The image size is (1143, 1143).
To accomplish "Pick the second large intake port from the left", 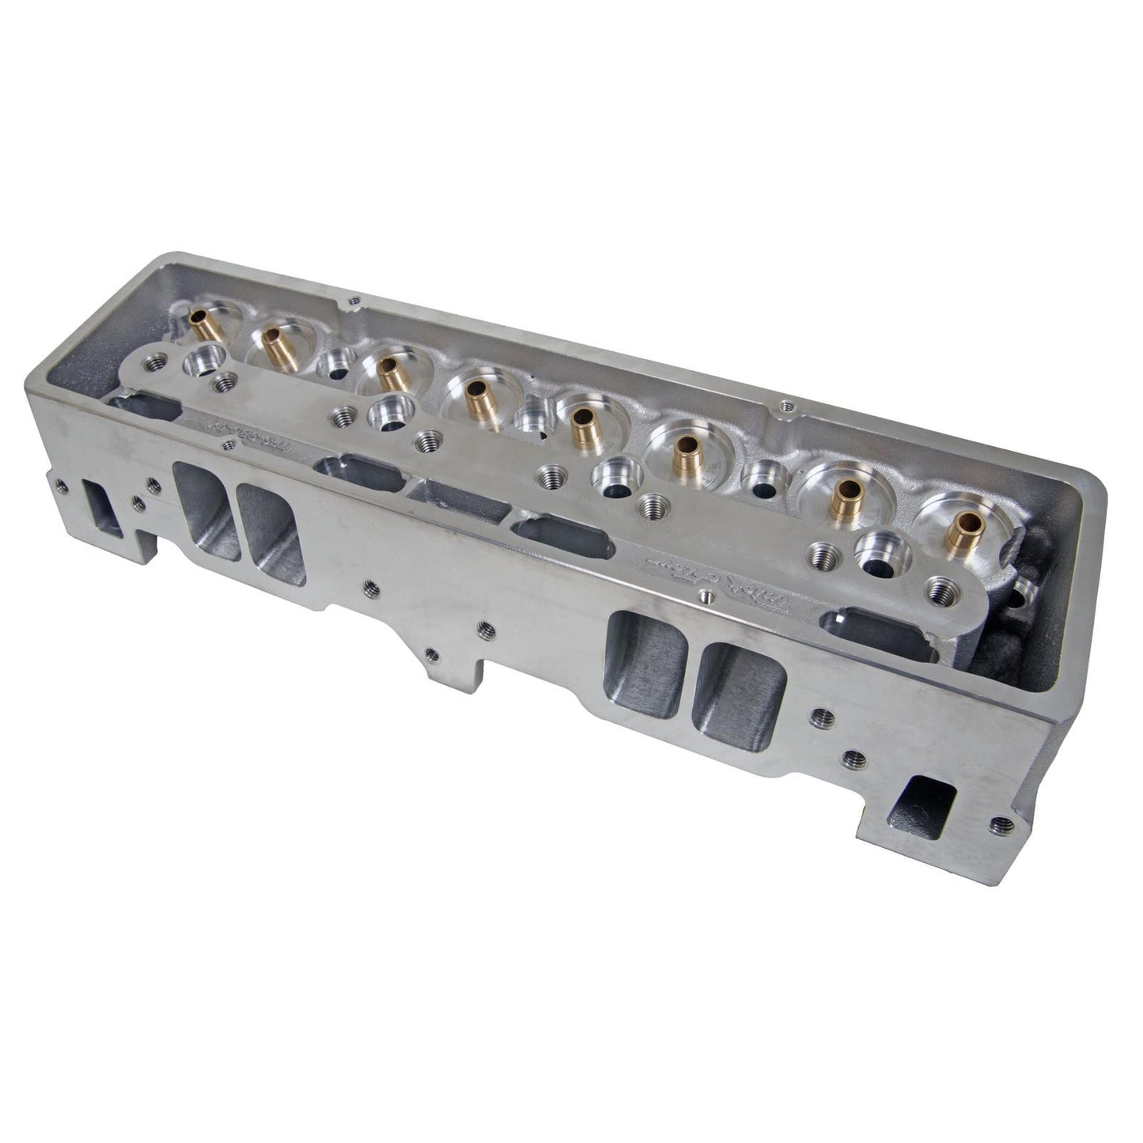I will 269,526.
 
